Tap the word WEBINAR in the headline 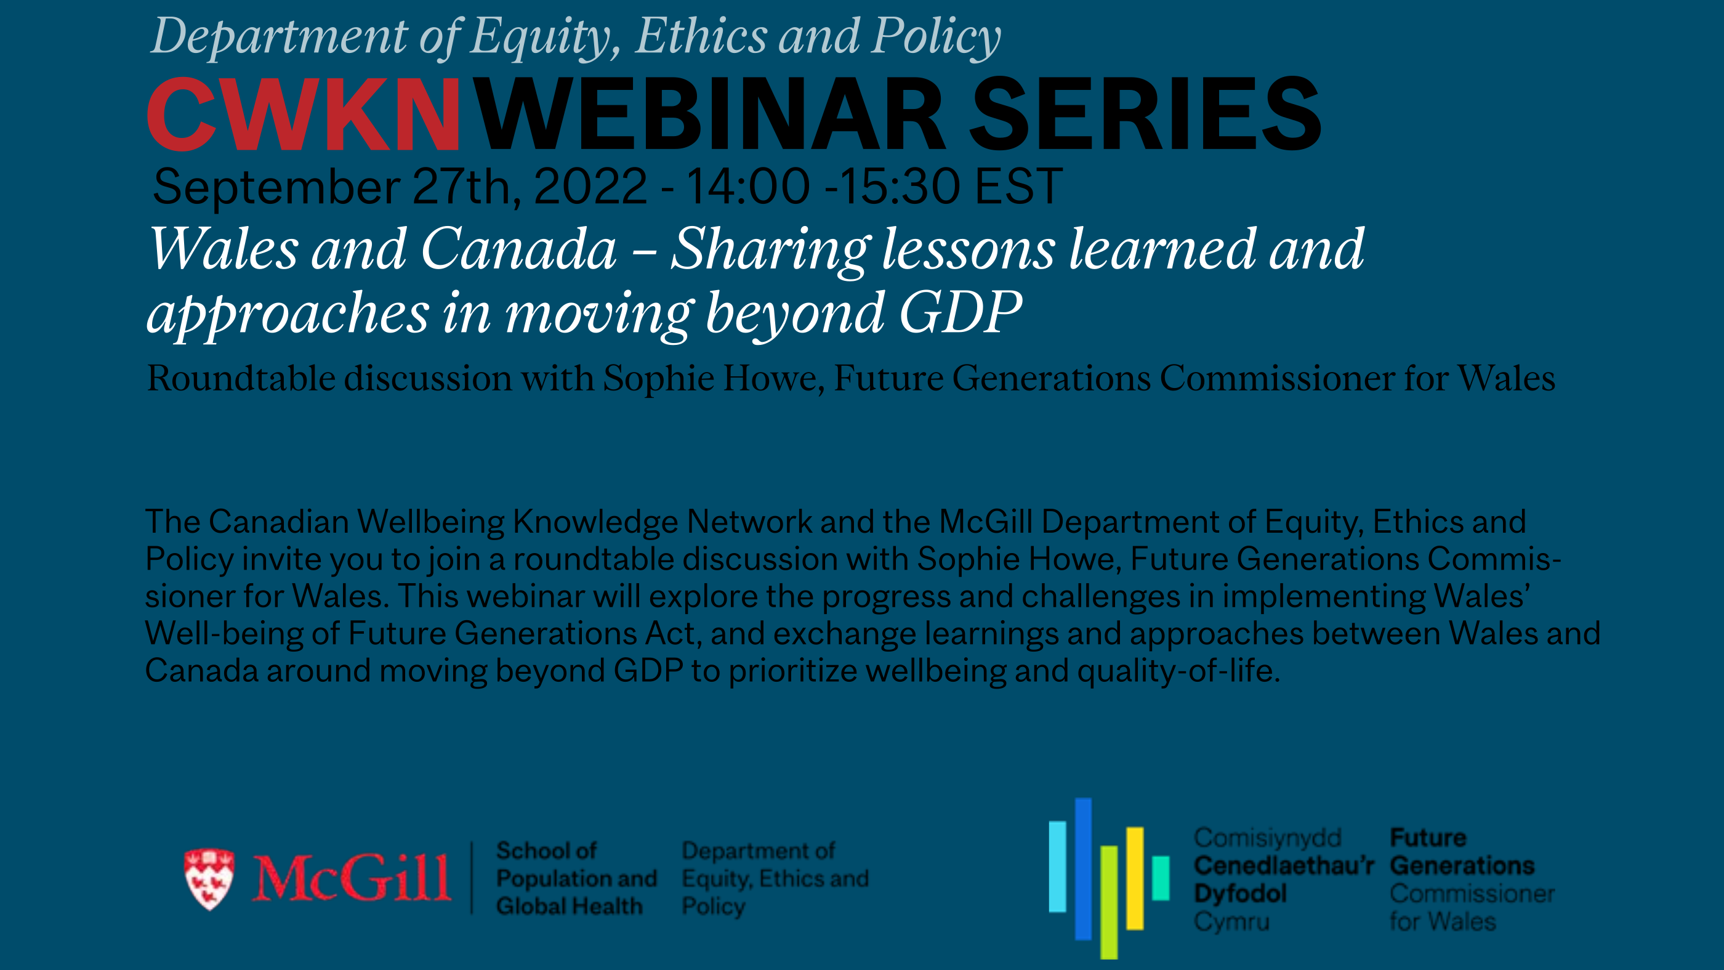pos(711,114)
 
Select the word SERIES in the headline pos(1145,114)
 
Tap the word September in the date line pos(276,187)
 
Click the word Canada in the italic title pos(518,249)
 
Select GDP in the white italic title pos(961,312)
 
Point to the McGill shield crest pos(209,879)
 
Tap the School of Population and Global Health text pos(576,878)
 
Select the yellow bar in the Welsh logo pos(1134,878)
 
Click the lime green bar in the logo pos(1109,902)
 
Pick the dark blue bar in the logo pos(1083,869)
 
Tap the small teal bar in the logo pos(1161,878)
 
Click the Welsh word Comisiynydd pos(1268,838)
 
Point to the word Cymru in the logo pos(1231,923)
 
